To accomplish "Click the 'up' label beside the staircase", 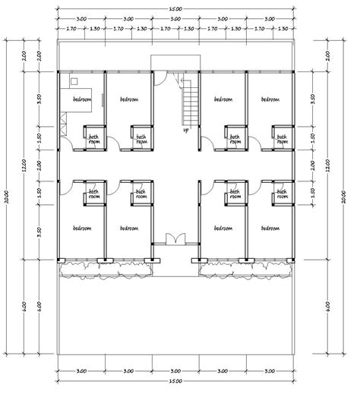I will click(x=185, y=130).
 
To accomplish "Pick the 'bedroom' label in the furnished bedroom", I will click(x=82, y=99).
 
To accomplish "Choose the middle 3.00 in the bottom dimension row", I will click(x=175, y=371).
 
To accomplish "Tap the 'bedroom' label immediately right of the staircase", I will click(x=223, y=99).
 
